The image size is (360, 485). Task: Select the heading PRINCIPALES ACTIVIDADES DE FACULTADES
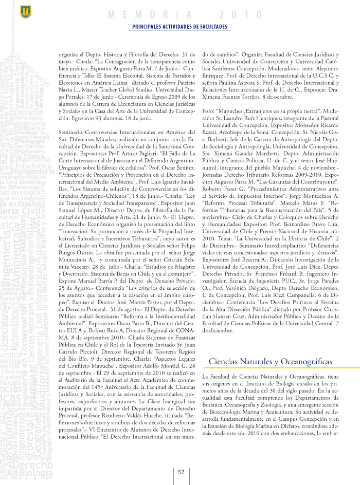tap(179, 27)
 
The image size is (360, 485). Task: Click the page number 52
tap(181, 472)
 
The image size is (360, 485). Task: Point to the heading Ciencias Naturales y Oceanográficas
tap(270, 347)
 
